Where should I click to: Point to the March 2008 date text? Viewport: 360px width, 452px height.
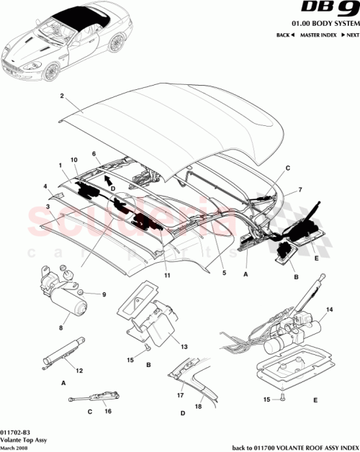pyautogui.click(x=16, y=447)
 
